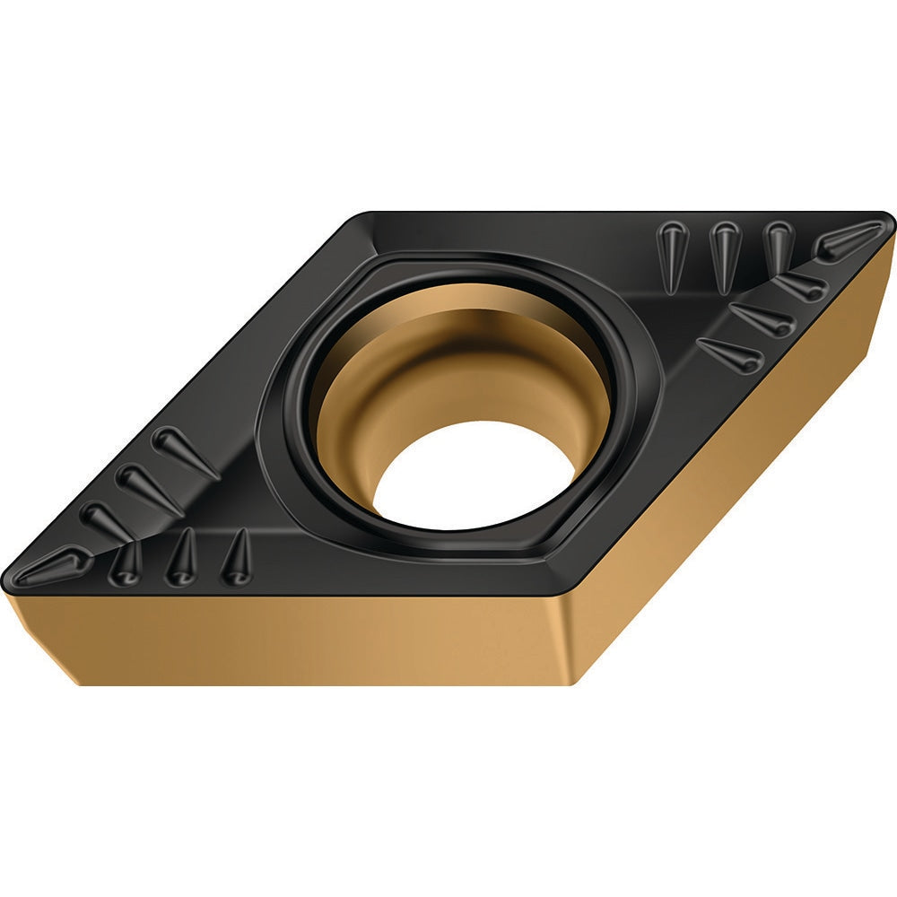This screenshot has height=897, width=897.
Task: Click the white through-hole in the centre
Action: (474, 475)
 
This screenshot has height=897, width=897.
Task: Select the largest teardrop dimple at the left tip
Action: (49, 567)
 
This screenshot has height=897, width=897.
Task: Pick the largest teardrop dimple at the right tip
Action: (848, 239)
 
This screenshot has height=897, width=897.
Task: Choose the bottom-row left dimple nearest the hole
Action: (237, 557)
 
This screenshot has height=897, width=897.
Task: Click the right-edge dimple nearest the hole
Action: (730, 354)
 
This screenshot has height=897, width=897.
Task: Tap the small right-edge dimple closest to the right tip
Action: (800, 286)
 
